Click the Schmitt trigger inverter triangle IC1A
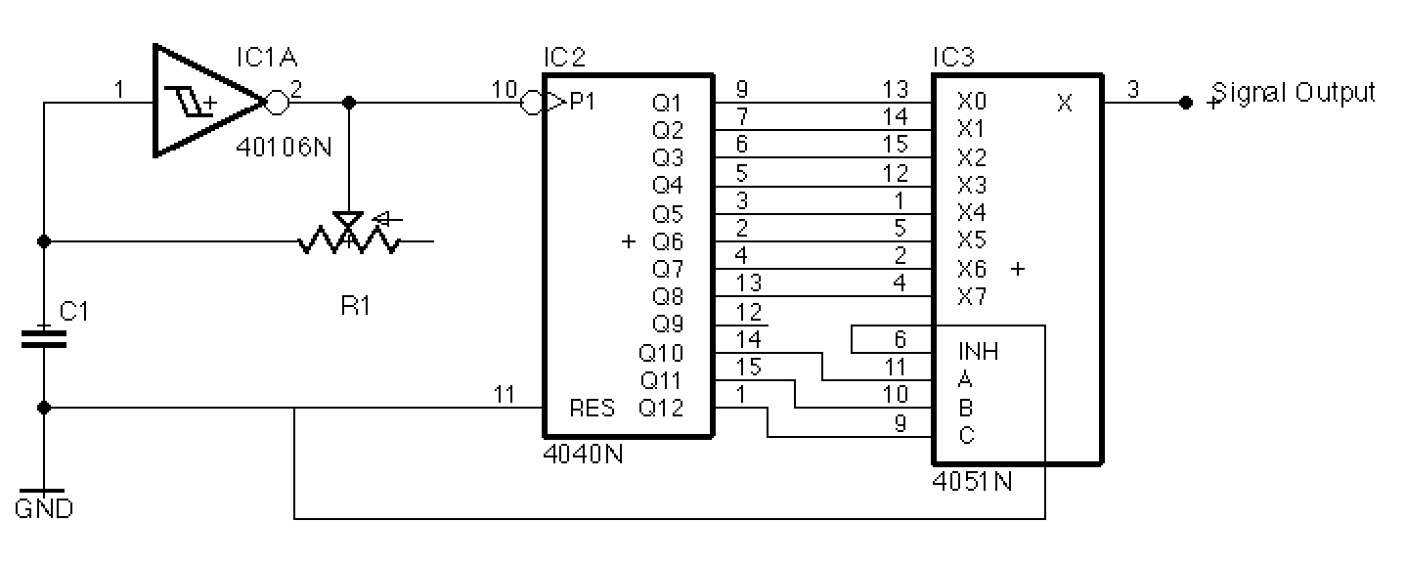[x=200, y=100]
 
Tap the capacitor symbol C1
[x=44, y=338]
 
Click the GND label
[x=44, y=508]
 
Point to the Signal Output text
[x=1294, y=93]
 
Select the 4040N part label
[x=584, y=455]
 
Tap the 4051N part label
[x=974, y=482]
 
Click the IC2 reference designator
[x=564, y=57]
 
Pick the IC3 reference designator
[x=953, y=57]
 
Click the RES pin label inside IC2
[x=593, y=409]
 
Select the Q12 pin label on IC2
[x=662, y=409]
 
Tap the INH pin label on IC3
[x=979, y=352]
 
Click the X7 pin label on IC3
[x=972, y=297]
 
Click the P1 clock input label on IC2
[x=580, y=101]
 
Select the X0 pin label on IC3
[x=972, y=102]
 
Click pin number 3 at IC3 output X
[x=1132, y=90]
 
